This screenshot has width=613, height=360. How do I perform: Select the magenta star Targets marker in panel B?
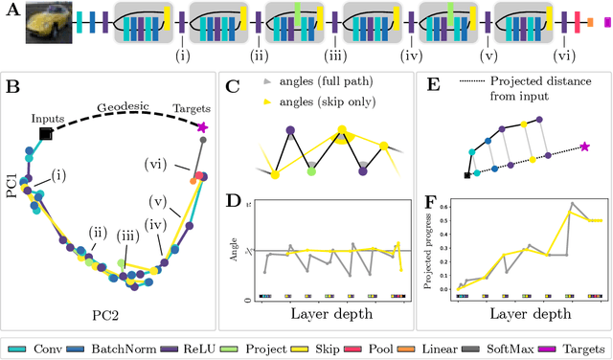(x=202, y=126)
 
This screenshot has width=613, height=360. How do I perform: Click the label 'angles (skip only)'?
(x=322, y=101)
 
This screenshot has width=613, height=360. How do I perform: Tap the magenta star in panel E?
(x=585, y=146)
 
